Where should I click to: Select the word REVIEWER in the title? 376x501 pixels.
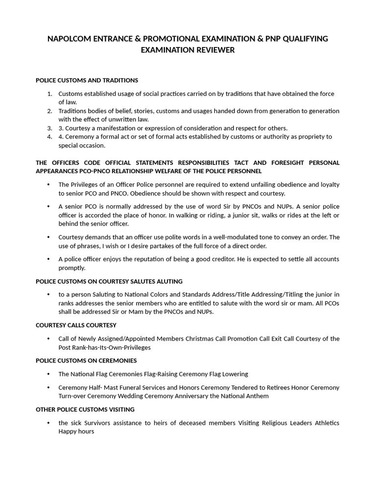213,50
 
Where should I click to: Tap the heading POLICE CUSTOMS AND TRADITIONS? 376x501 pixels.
87,80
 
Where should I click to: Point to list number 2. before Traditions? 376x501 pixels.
50,111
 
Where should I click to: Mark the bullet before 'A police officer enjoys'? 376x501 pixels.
48,259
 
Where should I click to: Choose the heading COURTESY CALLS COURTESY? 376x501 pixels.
76,325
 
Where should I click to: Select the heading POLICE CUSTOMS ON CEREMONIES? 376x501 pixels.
86,361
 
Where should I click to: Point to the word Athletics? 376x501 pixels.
325,423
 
